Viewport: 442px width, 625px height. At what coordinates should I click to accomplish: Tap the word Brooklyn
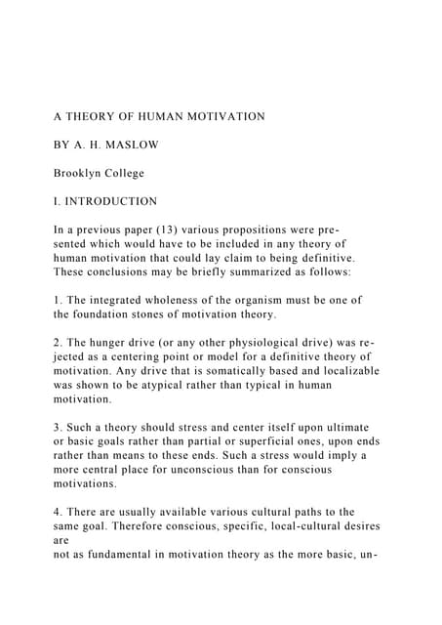(x=80, y=173)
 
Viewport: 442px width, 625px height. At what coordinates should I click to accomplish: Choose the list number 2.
(x=57, y=344)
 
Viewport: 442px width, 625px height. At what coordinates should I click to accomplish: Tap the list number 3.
(x=57, y=429)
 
